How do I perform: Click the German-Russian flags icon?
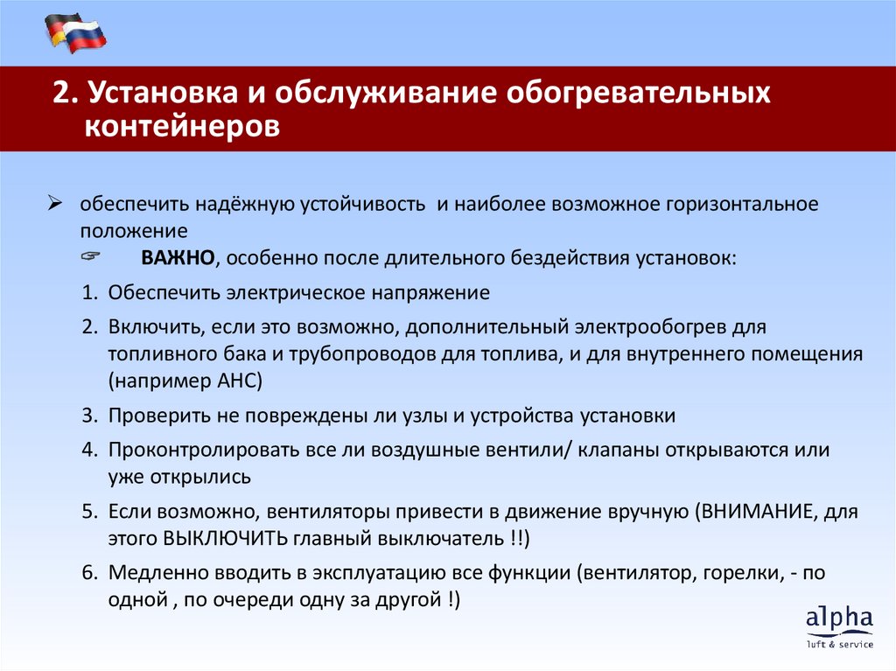click(75, 34)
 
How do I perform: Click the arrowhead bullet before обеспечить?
click(53, 204)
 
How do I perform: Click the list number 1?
click(89, 293)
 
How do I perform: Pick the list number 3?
click(89, 416)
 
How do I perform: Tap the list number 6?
click(89, 573)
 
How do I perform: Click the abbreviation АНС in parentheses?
click(234, 381)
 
